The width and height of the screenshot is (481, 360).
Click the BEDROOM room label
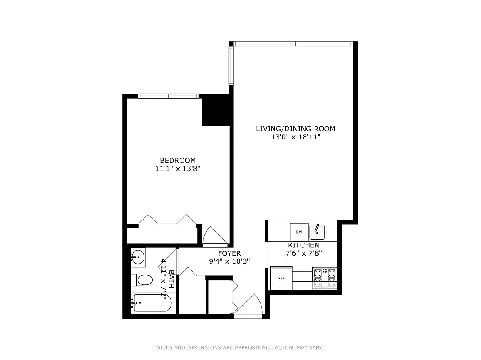point(178,161)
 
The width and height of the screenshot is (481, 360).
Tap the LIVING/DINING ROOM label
point(296,129)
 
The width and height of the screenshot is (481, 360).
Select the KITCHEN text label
point(304,245)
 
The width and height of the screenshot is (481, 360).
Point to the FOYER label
point(229,253)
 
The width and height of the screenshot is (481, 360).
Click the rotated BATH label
point(171,279)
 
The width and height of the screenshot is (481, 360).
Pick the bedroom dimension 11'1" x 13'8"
point(178,169)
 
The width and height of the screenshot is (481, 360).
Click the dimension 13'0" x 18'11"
point(296,137)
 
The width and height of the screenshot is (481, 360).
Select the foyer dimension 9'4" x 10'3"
point(229,261)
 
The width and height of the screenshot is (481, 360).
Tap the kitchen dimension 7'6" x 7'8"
point(304,253)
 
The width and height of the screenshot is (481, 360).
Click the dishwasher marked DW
point(299,232)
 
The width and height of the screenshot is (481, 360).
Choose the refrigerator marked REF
point(282,278)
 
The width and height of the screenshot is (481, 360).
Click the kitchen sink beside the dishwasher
point(317,231)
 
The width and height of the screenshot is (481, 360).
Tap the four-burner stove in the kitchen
point(324,278)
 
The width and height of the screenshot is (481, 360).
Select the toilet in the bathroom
point(142,280)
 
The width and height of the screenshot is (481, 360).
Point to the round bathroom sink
point(138,257)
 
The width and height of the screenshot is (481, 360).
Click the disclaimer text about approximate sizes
point(240,347)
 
